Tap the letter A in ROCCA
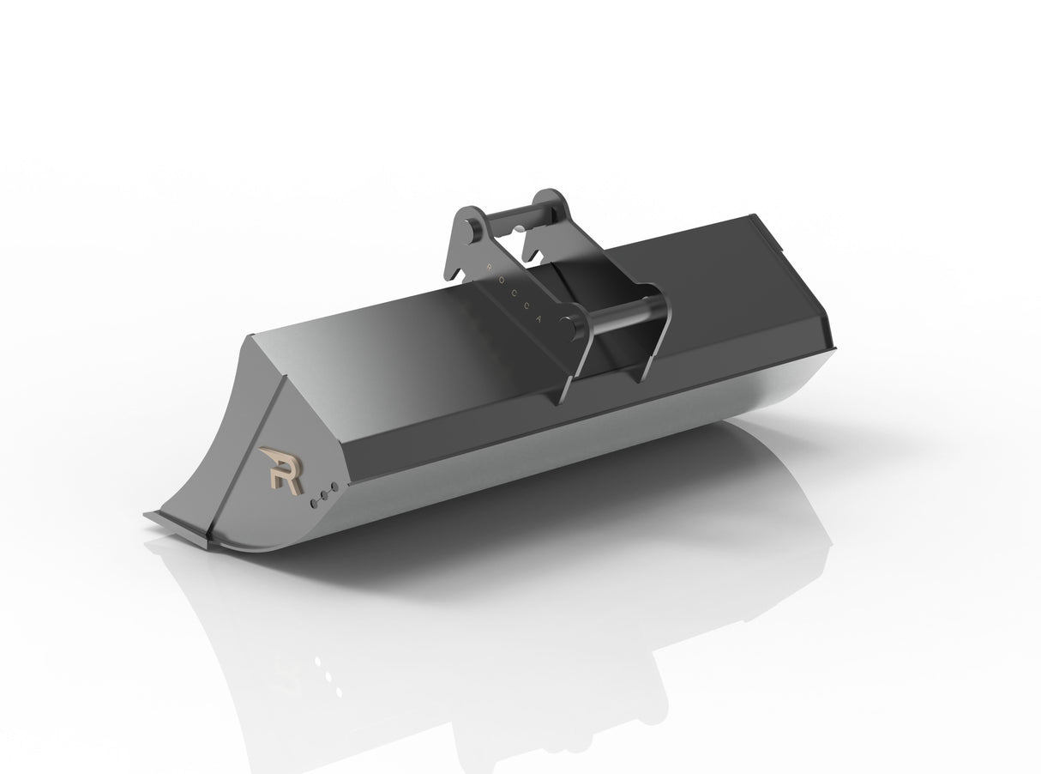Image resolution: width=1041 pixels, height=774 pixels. coord(541,317)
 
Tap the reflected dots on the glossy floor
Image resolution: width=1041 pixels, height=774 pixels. coord(326,673)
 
